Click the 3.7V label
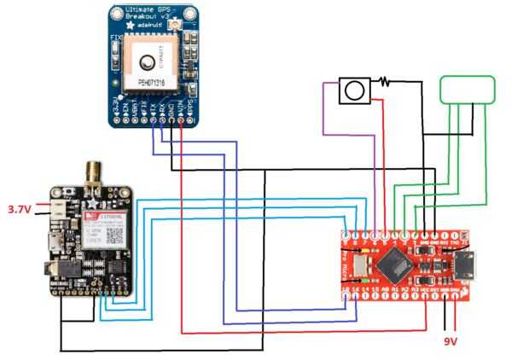pyautogui.click(x=19, y=208)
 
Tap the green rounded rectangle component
pyautogui.click(x=466, y=89)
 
